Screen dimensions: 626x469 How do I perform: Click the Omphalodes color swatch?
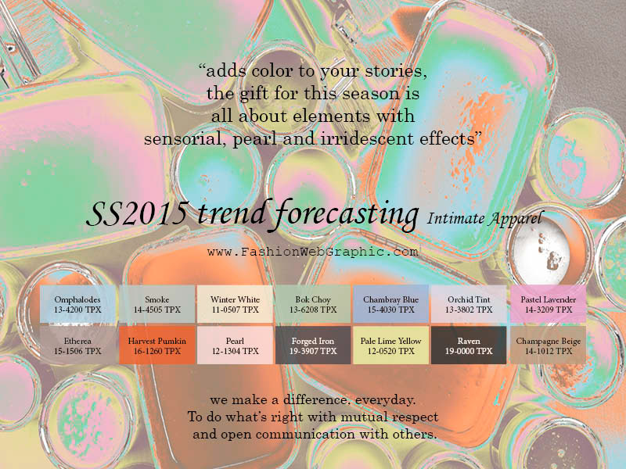click(x=77, y=304)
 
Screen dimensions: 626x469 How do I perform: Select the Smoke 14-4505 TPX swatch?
click(x=157, y=304)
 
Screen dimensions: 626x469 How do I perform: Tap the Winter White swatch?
click(x=236, y=304)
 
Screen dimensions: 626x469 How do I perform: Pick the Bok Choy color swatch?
click(x=313, y=304)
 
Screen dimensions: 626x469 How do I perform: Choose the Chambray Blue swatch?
click(x=390, y=304)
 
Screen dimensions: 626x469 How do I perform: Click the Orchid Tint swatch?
click(x=469, y=304)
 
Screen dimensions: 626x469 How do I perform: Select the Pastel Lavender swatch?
click(x=549, y=304)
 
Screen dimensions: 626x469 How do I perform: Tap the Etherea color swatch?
click(x=77, y=345)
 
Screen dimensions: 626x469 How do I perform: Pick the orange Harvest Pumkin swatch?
click(x=157, y=345)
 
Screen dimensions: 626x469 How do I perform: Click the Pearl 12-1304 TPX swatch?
click(x=236, y=345)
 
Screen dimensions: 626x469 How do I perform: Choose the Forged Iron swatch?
click(x=313, y=345)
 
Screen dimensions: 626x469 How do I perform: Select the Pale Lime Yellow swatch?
click(x=390, y=345)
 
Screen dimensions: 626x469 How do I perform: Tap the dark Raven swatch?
click(x=469, y=345)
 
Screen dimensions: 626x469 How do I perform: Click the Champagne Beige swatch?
click(x=549, y=345)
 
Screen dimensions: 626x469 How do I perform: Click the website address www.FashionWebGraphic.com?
click(x=312, y=252)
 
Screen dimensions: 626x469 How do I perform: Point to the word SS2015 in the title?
click(x=138, y=213)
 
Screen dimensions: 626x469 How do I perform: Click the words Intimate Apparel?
click(x=485, y=219)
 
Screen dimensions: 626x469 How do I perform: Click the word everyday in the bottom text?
click(x=385, y=400)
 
